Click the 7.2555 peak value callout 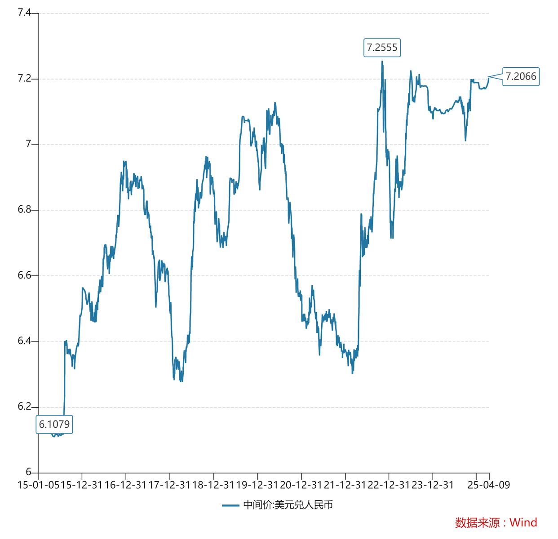(382, 48)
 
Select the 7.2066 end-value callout (521, 76)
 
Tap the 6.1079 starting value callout (54, 424)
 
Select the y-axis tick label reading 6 (28, 472)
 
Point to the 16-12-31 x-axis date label (125, 485)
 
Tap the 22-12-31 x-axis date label (389, 485)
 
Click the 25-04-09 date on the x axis (489, 485)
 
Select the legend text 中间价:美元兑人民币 (288, 505)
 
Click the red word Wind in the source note (523, 522)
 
